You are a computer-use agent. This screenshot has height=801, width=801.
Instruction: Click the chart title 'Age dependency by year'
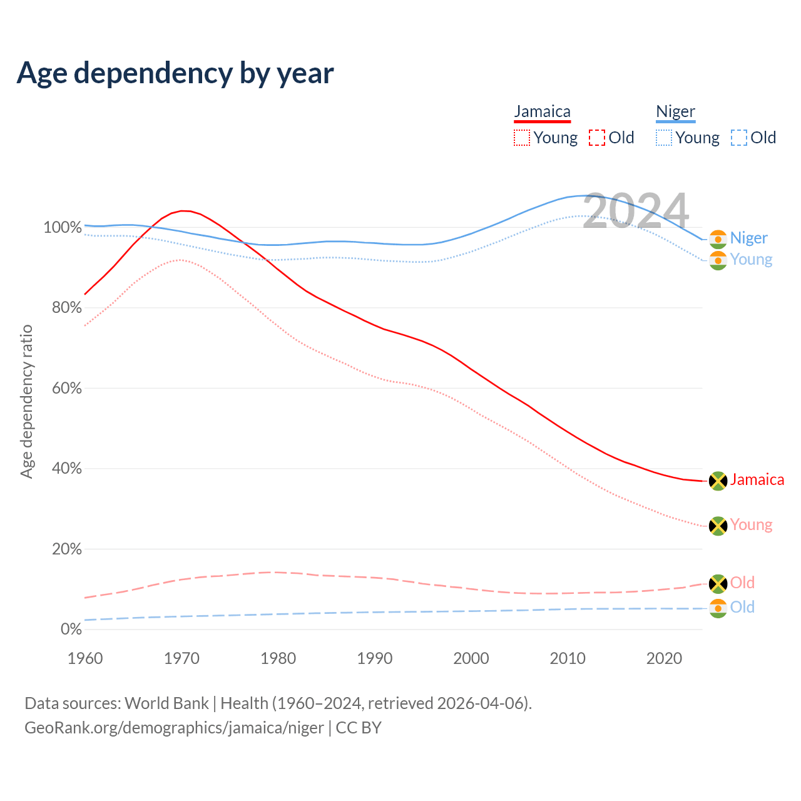(x=175, y=73)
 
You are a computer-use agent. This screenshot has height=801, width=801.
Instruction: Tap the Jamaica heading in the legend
(x=542, y=112)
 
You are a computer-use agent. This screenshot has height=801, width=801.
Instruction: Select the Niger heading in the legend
(x=675, y=112)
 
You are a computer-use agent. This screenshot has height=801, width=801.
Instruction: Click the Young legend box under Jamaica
(x=521, y=138)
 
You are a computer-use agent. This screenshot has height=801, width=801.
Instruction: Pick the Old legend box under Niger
(x=738, y=138)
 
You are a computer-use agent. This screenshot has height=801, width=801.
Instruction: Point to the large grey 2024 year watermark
(x=636, y=212)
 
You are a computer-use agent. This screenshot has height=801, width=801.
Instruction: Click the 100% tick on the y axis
(x=63, y=228)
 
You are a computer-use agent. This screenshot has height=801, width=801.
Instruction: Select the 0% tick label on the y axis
(x=71, y=630)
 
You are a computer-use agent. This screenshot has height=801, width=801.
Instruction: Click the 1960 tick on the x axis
(x=85, y=658)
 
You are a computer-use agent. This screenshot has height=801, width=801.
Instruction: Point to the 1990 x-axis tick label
(x=375, y=658)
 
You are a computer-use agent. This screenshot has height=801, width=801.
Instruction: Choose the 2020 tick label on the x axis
(x=664, y=658)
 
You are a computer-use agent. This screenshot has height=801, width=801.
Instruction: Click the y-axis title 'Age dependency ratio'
(x=26, y=401)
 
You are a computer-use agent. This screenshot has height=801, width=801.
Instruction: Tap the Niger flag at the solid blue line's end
(x=718, y=239)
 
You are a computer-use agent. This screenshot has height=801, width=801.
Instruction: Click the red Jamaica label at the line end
(x=757, y=480)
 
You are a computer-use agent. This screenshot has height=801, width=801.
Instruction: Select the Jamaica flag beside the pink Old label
(x=718, y=584)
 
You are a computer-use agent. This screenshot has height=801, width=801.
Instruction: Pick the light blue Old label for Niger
(x=742, y=607)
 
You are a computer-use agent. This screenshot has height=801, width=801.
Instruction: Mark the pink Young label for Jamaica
(x=751, y=525)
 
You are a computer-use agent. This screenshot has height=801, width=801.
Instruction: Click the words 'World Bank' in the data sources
(x=166, y=703)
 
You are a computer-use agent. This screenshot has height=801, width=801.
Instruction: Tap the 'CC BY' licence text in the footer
(x=359, y=728)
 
